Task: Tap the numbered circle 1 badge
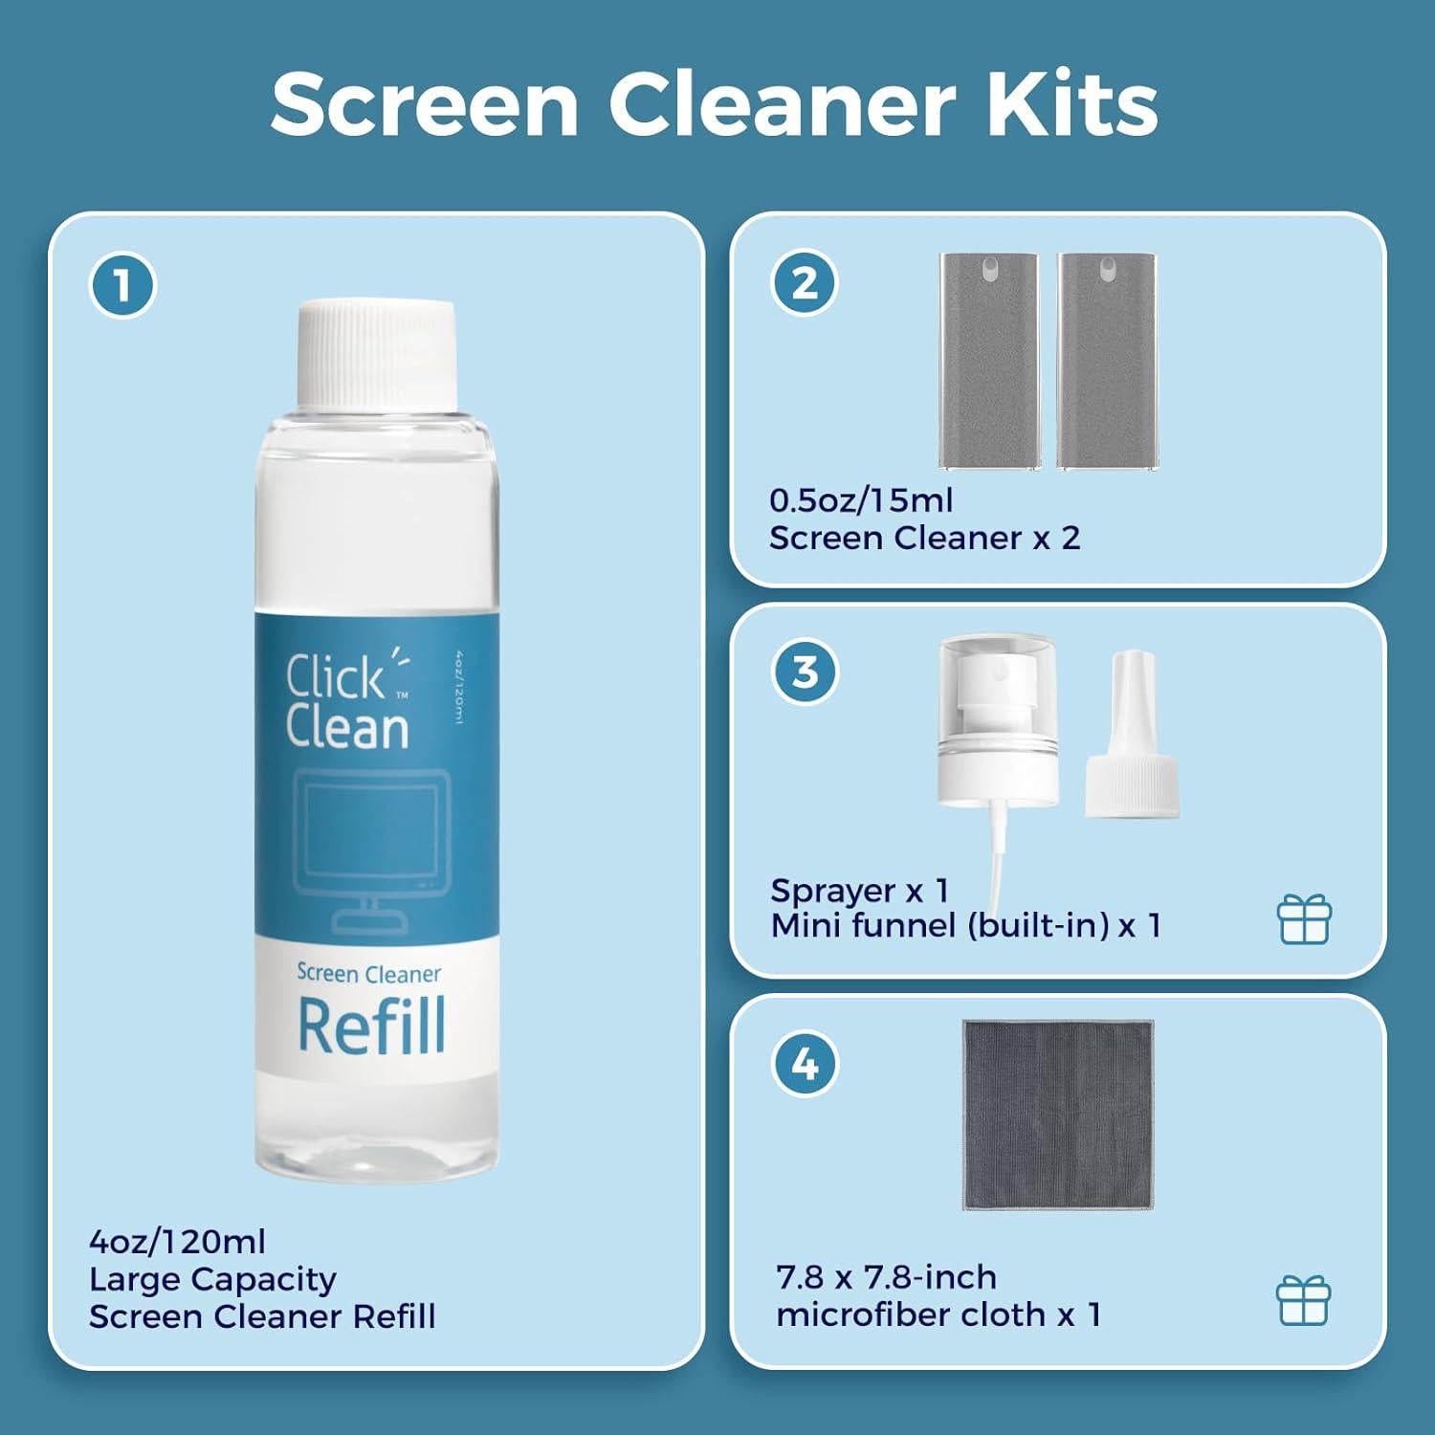122,285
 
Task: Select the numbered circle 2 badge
805,283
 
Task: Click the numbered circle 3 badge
805,672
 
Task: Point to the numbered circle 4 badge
805,1063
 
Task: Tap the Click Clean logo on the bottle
347,700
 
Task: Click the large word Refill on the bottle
371,1027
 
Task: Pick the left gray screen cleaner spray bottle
987,361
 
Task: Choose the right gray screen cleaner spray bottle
1106,361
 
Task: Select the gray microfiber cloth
1057,1115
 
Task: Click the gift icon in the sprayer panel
1304,919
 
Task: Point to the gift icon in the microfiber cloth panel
1303,1300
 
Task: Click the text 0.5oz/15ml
861,500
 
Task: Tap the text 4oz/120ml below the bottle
177,1242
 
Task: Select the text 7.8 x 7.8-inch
887,1277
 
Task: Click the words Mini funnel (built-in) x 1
965,926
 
